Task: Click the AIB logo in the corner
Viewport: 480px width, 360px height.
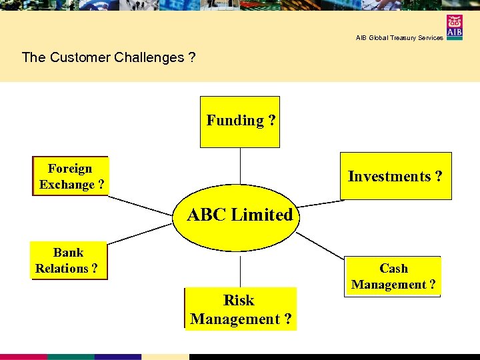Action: [455, 27]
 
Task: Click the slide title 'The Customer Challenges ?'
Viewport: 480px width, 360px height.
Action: [109, 57]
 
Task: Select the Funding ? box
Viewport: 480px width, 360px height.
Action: [240, 121]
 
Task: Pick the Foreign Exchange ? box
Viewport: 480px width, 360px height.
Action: [70, 176]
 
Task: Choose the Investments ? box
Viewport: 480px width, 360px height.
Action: [395, 176]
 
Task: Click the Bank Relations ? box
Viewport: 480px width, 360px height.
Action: [69, 260]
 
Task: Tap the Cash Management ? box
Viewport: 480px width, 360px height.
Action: [393, 276]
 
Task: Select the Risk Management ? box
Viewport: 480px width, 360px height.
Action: [240, 309]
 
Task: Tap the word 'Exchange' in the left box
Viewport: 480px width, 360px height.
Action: [67, 185]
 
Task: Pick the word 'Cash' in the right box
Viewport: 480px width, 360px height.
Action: [393, 268]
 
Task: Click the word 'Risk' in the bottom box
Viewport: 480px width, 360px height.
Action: [239, 300]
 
